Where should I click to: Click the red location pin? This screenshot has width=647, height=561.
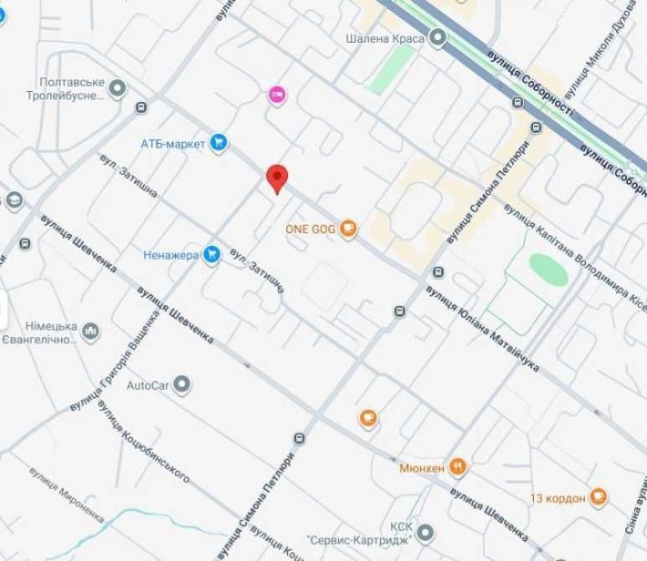[x=276, y=178]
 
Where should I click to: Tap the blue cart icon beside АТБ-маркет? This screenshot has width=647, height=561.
[x=218, y=142]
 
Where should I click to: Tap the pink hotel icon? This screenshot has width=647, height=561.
[x=277, y=94]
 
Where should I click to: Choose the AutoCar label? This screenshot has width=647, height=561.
[x=148, y=384]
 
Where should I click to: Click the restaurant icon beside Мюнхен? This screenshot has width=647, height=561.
[x=459, y=466]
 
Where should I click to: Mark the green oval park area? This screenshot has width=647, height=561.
[x=548, y=270]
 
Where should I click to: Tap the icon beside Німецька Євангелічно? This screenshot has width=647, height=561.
[x=91, y=332]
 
